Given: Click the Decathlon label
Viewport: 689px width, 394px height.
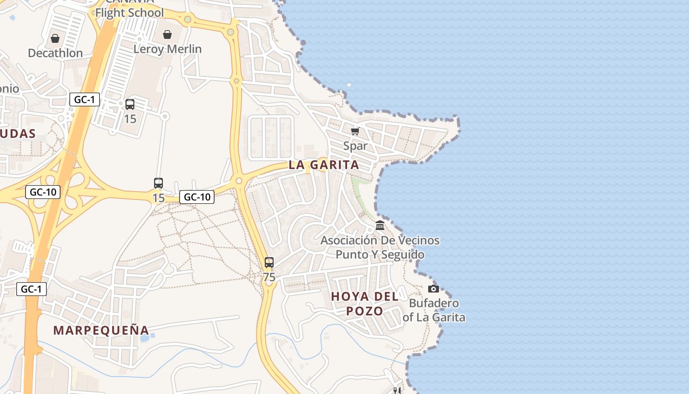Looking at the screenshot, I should click(x=55, y=53).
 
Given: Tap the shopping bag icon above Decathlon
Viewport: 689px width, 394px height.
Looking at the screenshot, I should click(x=55, y=38).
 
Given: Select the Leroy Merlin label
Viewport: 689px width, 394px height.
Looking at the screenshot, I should click(x=167, y=49).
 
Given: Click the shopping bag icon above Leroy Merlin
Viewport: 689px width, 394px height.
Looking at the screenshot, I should click(x=167, y=34).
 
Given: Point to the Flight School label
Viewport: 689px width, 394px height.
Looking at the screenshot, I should click(x=129, y=13).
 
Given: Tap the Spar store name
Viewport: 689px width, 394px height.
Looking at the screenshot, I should click(x=355, y=146).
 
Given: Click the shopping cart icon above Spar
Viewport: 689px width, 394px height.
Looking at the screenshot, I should click(x=355, y=131).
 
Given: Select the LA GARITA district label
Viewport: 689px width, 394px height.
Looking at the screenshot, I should click(x=324, y=165).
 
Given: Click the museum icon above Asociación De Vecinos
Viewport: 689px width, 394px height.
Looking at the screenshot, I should click(x=380, y=226).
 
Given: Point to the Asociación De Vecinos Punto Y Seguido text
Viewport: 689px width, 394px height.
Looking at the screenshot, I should click(x=380, y=247).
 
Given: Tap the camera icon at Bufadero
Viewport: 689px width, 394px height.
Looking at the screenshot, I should click(x=434, y=289).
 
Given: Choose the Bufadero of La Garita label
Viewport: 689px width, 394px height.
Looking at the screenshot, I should click(x=434, y=310).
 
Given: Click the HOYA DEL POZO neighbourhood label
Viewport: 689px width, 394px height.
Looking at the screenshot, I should click(x=365, y=303).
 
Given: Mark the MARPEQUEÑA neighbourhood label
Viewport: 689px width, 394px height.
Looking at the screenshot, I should click(x=101, y=330).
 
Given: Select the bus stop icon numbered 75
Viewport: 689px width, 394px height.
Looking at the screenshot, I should click(x=269, y=263).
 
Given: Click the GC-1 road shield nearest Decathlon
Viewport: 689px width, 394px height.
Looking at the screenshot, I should click(x=84, y=99).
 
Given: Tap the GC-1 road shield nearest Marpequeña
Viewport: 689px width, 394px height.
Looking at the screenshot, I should click(x=31, y=289).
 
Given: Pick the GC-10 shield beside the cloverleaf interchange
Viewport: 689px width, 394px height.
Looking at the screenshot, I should click(x=43, y=192).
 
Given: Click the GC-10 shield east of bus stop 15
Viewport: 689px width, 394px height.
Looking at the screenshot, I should click(x=197, y=197).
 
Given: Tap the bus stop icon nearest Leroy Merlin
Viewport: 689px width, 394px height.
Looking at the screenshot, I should click(x=130, y=104).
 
